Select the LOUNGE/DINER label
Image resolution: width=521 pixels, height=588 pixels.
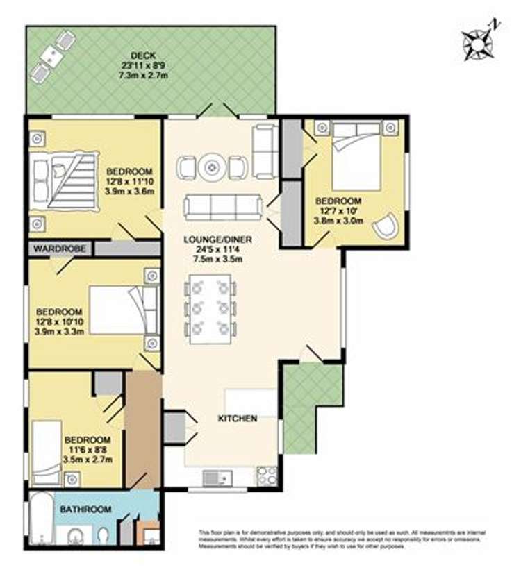click(217, 240)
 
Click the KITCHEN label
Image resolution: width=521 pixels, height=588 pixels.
click(238, 419)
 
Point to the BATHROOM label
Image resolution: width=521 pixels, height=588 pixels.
click(85, 510)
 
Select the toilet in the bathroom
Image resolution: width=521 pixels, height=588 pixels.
click(103, 535)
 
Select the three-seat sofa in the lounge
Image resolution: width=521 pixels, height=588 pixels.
click(222, 206)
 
